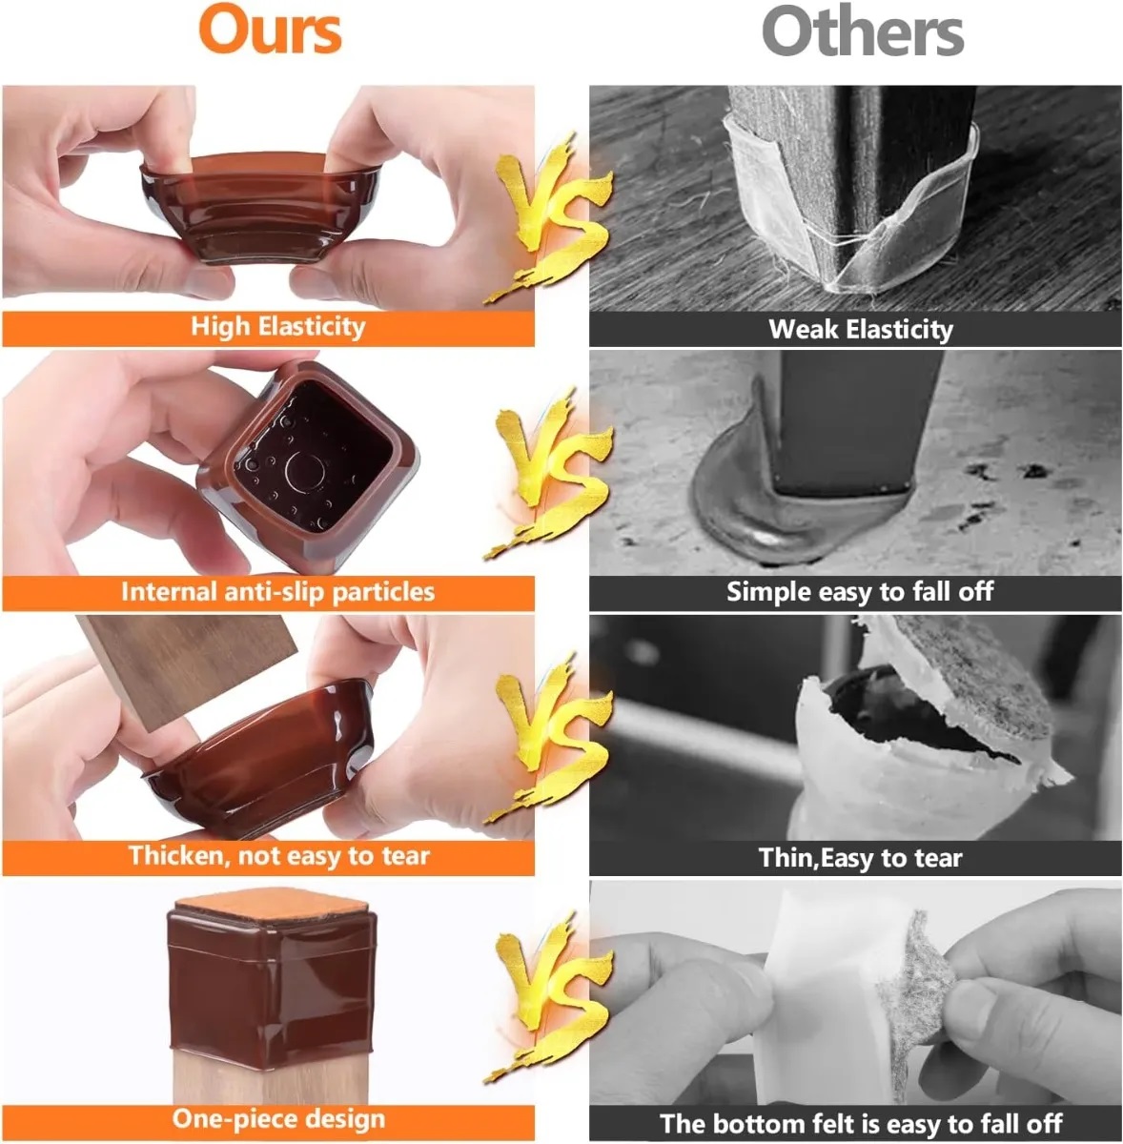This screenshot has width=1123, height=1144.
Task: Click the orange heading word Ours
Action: pos(270,30)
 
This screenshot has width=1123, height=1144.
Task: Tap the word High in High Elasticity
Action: pos(219,327)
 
